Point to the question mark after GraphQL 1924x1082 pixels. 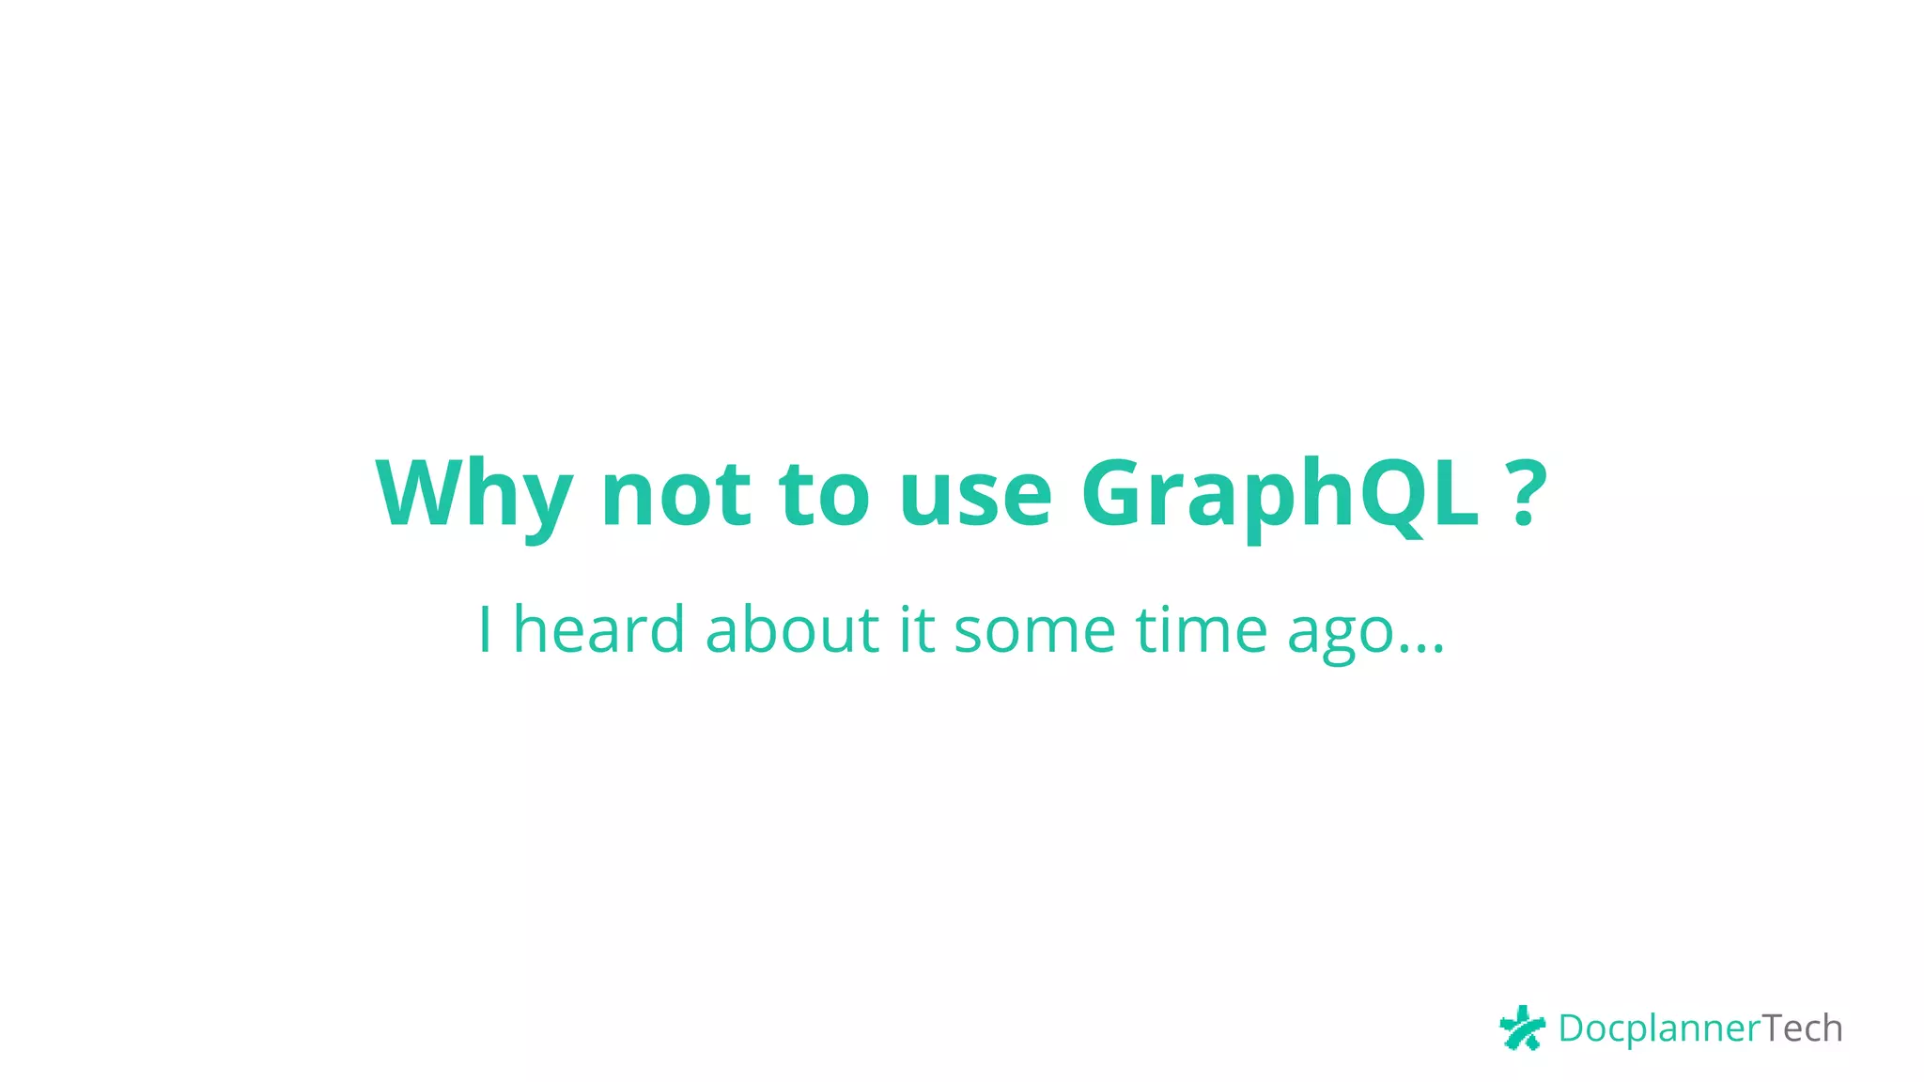[1528, 493]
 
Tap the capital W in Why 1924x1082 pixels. [421, 492]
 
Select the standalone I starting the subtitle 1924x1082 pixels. [485, 629]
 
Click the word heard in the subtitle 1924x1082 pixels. [599, 629]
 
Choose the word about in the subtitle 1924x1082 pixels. [792, 629]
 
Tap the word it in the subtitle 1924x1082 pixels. [917, 629]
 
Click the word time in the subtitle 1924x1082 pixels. [1202, 629]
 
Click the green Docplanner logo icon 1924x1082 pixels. [1522, 1028]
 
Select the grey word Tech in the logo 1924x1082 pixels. [1802, 1028]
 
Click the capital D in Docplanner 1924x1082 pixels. [1571, 1028]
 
